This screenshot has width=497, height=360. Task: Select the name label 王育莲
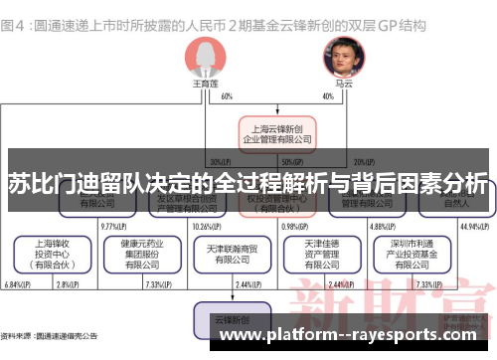pos(201,86)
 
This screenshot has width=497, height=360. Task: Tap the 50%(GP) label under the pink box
pos(292,162)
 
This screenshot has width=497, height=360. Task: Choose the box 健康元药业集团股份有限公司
pos(139,255)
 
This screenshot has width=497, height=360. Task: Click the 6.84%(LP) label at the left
pos(18,285)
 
